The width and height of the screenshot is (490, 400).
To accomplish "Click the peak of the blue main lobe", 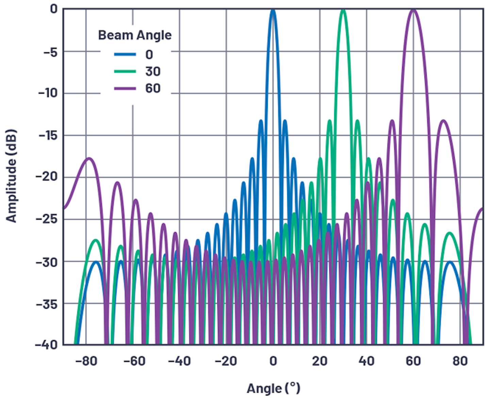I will (x=273, y=11).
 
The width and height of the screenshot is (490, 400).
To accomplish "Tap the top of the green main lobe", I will (x=343, y=11).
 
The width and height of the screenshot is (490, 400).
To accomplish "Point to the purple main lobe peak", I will (x=413, y=11).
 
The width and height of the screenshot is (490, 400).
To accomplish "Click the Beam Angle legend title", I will (x=135, y=35).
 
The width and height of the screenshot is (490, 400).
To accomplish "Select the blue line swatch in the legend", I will (x=125, y=54).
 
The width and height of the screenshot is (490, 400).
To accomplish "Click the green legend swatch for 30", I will (x=125, y=71).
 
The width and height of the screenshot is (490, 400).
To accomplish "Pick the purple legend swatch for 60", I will (x=125, y=89).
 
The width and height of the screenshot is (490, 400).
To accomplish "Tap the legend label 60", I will (x=153, y=89).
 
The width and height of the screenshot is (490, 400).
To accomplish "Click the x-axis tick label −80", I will (x=86, y=361).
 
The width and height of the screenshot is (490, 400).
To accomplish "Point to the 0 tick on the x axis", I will (x=273, y=361).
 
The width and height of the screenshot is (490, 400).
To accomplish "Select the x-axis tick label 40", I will (x=366, y=361).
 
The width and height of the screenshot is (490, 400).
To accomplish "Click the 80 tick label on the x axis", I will (x=460, y=361).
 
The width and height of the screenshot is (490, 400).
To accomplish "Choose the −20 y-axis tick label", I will (x=47, y=177).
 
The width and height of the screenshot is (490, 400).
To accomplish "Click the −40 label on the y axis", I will (x=47, y=345).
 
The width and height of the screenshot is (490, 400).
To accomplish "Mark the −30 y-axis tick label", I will (x=47, y=261).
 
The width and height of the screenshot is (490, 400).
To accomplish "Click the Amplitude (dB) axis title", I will (x=11, y=176).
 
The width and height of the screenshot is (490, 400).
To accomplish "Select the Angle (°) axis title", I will (x=273, y=388).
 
